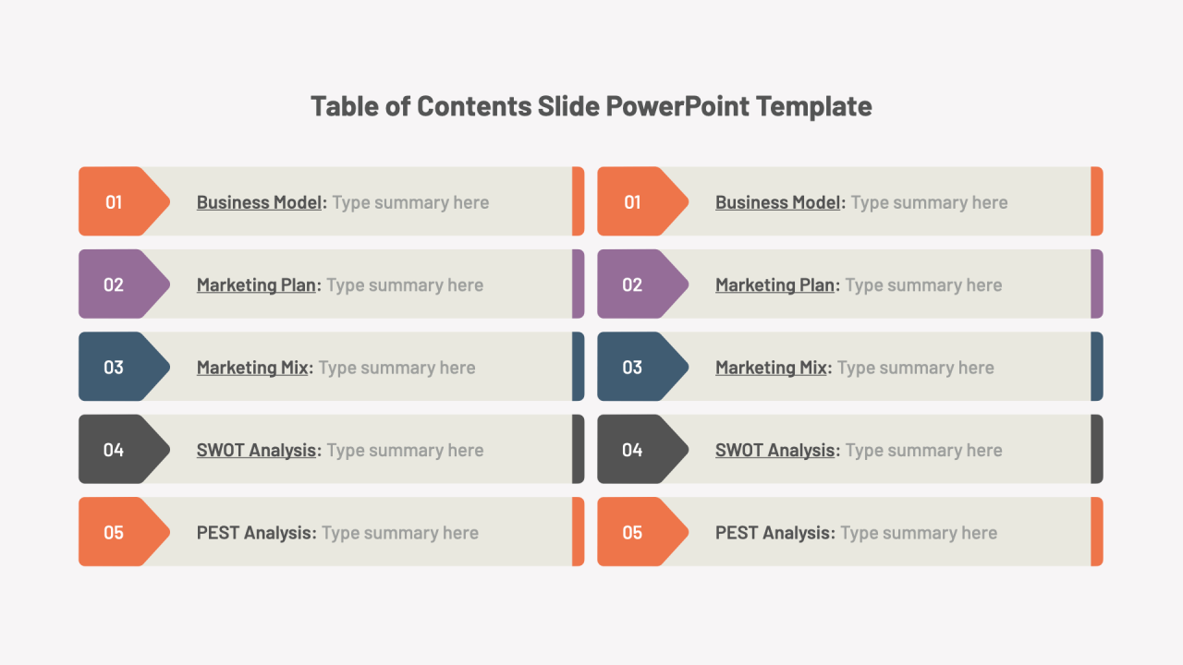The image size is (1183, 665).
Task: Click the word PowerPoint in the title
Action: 677,106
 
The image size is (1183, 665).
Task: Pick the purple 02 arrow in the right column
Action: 639,284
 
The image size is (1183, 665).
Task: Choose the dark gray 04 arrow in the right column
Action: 639,450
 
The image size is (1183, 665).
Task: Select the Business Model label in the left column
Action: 260,202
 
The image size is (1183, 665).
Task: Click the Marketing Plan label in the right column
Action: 774,285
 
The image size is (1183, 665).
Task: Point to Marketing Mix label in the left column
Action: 252,368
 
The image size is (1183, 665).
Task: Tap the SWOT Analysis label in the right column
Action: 774,451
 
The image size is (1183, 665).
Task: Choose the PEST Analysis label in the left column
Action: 255,533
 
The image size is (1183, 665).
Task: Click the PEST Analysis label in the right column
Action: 774,533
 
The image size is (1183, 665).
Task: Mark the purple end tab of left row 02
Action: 578,284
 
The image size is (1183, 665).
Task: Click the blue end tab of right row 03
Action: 1097,367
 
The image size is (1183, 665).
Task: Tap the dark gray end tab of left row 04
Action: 578,449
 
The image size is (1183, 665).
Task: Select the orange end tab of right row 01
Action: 1097,201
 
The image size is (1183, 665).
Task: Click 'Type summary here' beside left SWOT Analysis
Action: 405,451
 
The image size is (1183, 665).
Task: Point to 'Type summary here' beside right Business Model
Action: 929,202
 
